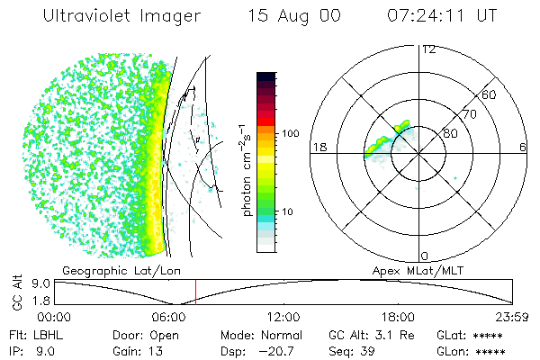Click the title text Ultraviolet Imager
pos(121,15)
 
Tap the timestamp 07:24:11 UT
pos(443,15)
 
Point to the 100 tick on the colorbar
pos(290,133)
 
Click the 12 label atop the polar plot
pos(429,49)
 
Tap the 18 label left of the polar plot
pos(318,147)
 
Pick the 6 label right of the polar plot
pos(523,147)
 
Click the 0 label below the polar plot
pos(425,256)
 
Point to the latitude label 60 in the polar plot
pos(490,94)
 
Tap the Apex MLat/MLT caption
pos(414,270)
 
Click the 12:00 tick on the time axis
pos(284,317)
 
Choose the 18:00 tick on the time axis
pos(399,317)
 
